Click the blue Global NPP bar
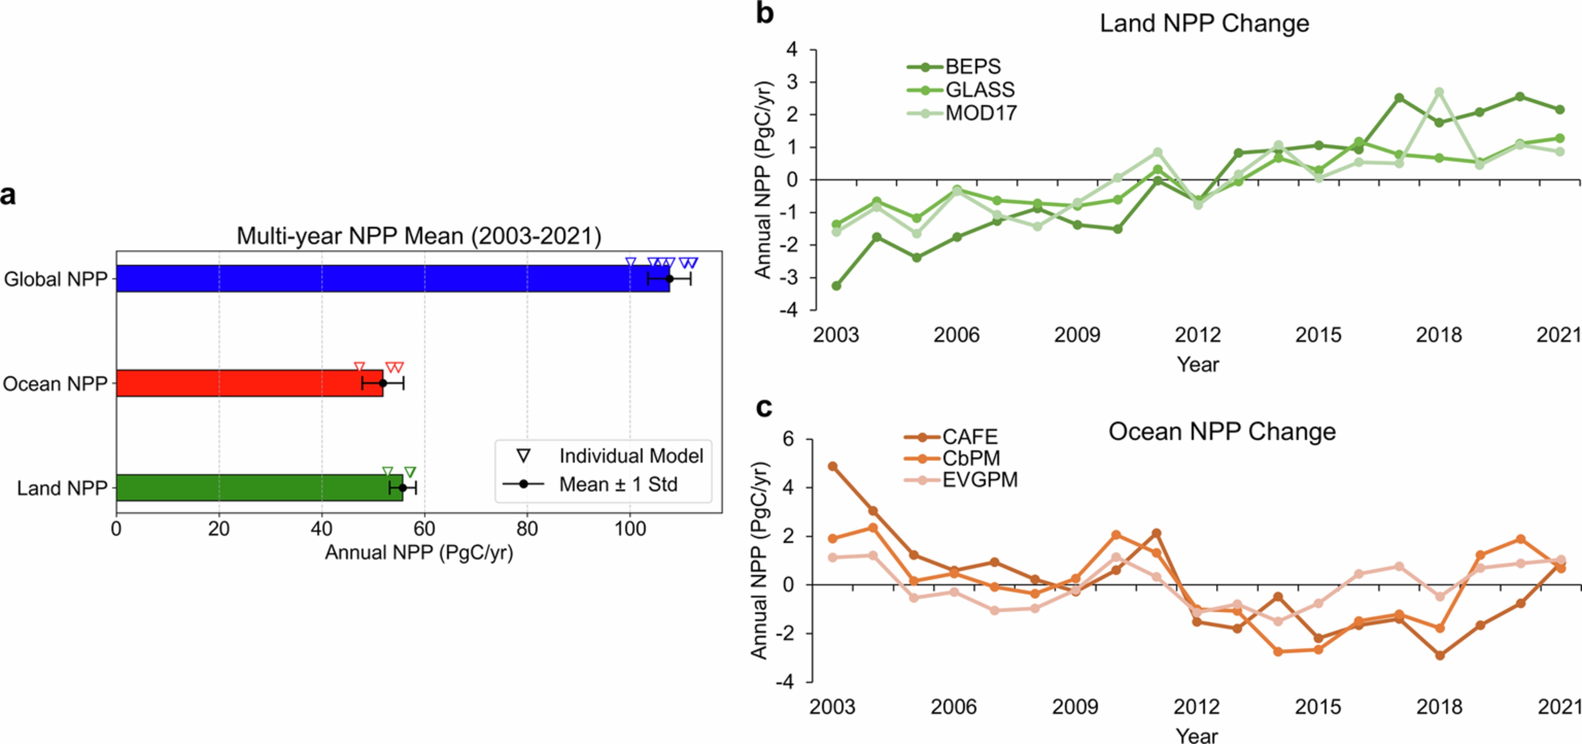click(393, 278)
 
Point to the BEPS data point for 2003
click(837, 286)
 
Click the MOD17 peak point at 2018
click(1439, 92)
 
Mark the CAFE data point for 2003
click(833, 466)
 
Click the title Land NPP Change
click(1204, 24)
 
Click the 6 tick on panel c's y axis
click(788, 439)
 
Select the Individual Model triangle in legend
click(523, 456)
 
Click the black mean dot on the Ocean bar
click(382, 383)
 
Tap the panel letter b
click(764, 13)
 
